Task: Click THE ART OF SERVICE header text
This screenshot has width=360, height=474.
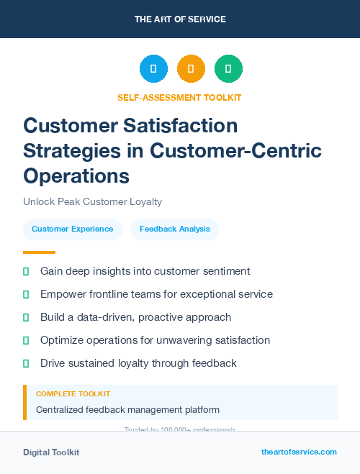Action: [180, 19]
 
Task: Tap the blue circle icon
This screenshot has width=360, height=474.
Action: [153, 69]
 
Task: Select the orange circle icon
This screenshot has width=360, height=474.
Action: [191, 69]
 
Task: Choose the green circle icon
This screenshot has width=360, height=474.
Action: [228, 69]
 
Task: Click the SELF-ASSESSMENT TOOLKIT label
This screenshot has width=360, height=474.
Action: [179, 97]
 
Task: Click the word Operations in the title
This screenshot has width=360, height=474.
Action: [76, 176]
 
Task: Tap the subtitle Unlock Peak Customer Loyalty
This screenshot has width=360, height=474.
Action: [92, 202]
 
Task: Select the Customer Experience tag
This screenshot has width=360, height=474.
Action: [72, 229]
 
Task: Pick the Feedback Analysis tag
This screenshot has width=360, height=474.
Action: [175, 229]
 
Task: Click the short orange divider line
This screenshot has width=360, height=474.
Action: [39, 252]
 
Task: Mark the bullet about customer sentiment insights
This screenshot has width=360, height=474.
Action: [145, 271]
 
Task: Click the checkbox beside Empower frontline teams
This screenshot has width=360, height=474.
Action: [26, 294]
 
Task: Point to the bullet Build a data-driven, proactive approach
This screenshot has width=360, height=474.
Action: [135, 317]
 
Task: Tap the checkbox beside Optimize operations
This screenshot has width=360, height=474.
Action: [26, 340]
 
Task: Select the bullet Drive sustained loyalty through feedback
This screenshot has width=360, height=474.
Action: [138, 363]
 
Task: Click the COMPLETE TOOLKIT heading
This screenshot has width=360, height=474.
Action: [73, 394]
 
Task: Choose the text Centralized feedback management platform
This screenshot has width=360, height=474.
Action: [127, 410]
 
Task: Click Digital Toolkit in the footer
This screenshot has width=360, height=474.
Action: [51, 452]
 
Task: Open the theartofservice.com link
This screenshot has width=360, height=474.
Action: [299, 452]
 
